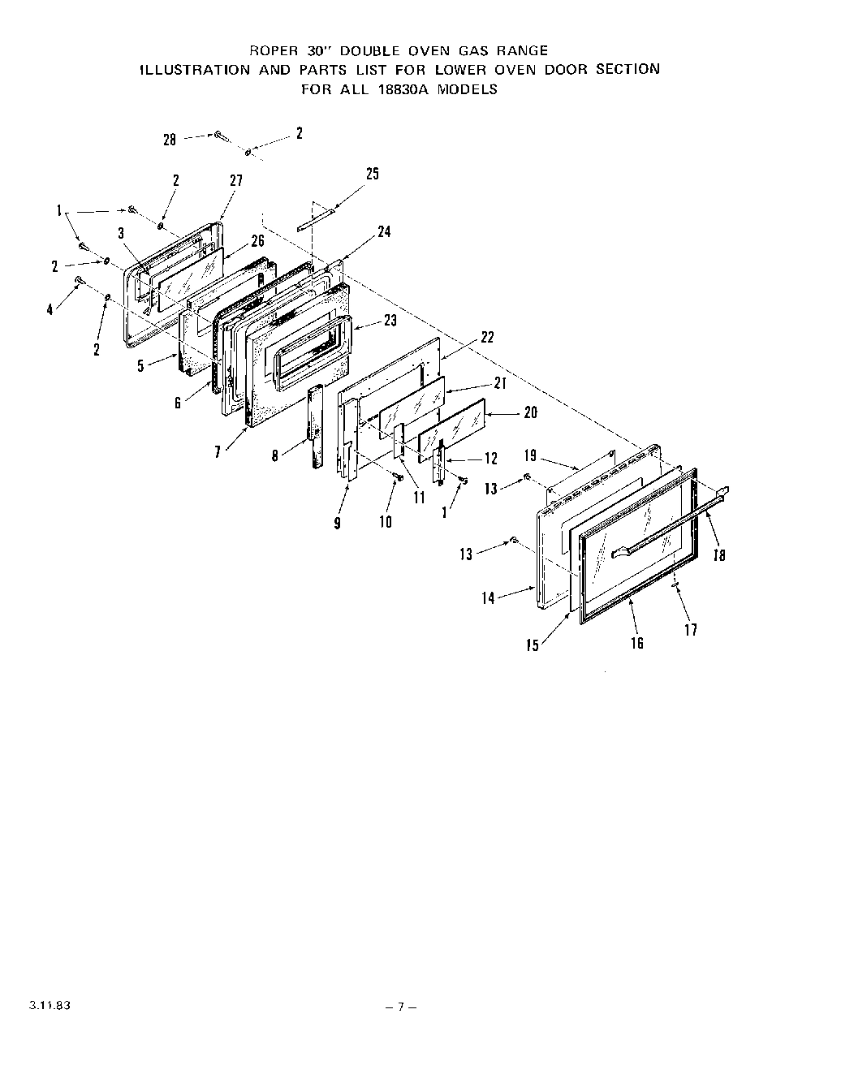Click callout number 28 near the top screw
169,140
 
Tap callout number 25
372,173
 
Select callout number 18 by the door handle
719,555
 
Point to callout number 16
637,643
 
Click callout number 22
487,338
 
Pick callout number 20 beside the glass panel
530,412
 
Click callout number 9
337,524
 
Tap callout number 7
218,453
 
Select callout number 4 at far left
50,309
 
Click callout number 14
488,598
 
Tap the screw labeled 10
398,478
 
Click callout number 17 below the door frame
691,629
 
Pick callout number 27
235,180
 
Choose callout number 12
490,459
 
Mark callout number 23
390,321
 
